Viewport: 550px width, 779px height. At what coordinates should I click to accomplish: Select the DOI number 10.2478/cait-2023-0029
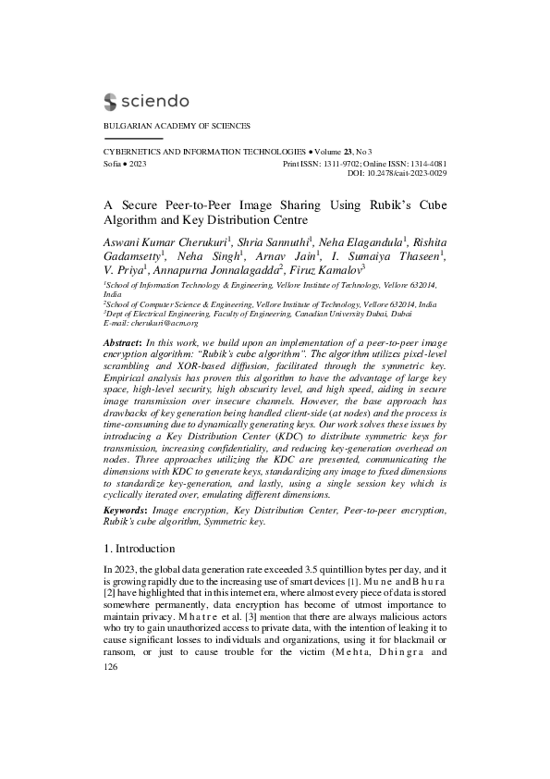click(x=408, y=172)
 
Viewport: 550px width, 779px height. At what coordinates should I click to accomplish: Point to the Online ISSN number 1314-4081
click(x=426, y=162)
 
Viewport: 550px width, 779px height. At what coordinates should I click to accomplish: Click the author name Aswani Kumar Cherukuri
click(x=166, y=241)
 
